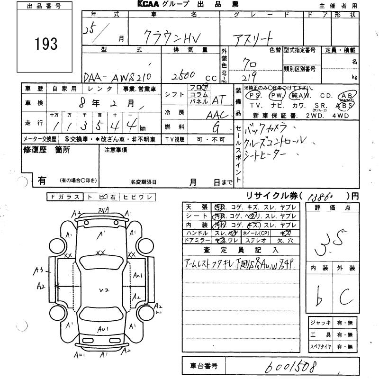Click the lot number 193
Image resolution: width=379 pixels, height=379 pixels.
(x=45, y=45)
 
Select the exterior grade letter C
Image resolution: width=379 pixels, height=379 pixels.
(x=348, y=298)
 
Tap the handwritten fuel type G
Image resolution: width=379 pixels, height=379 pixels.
(x=216, y=126)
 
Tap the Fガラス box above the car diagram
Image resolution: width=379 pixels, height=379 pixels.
(x=65, y=197)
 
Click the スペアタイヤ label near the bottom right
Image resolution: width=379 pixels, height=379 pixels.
(x=320, y=346)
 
